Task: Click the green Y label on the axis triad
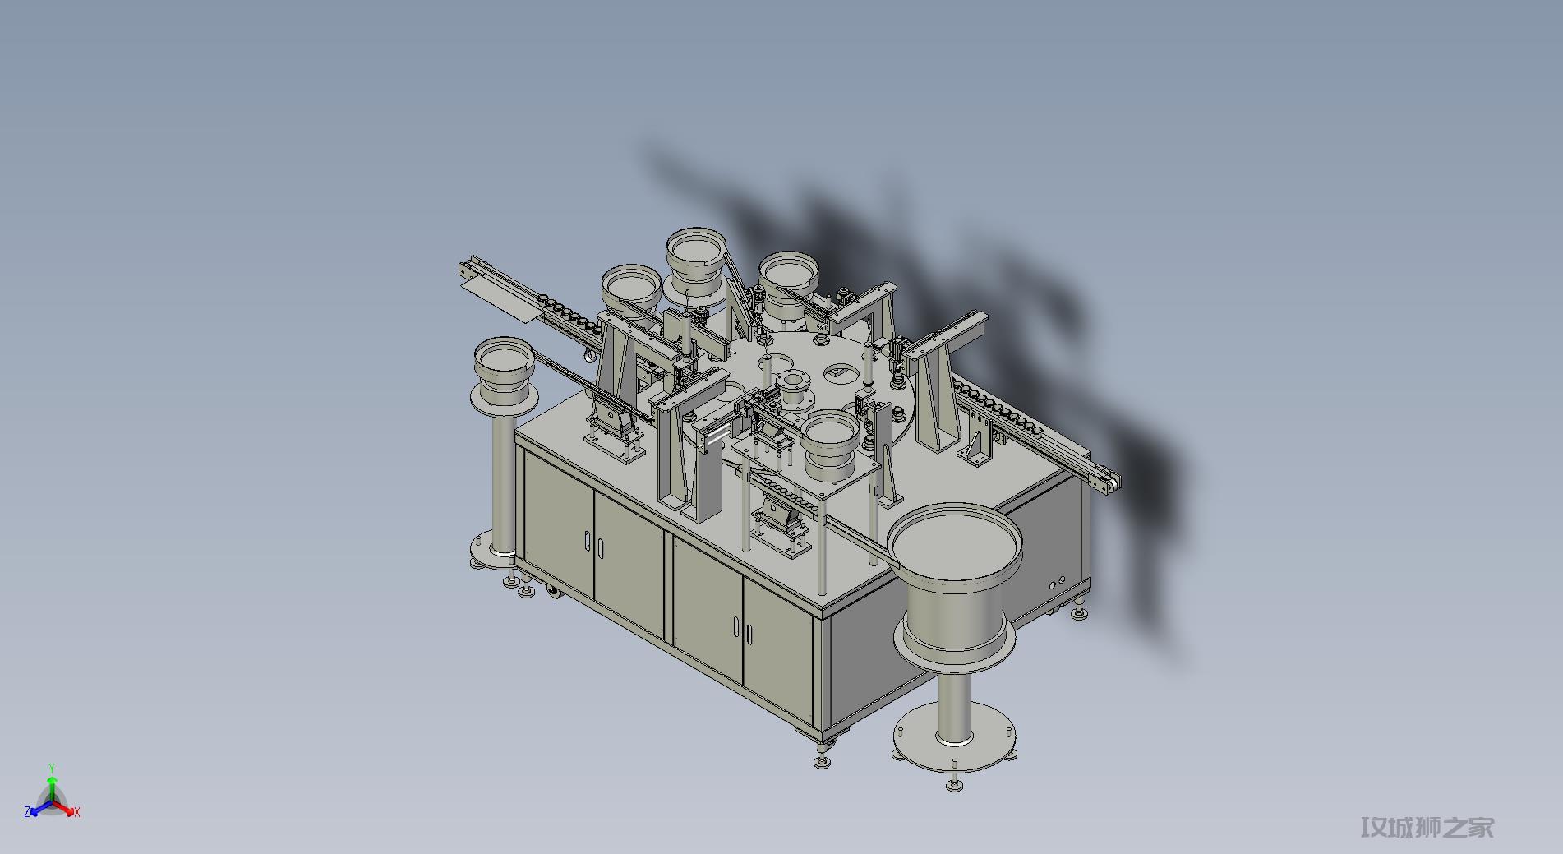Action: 51,769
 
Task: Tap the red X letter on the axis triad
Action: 76,812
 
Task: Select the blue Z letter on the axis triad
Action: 28,812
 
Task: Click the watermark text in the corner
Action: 1427,827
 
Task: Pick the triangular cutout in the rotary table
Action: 840,373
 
